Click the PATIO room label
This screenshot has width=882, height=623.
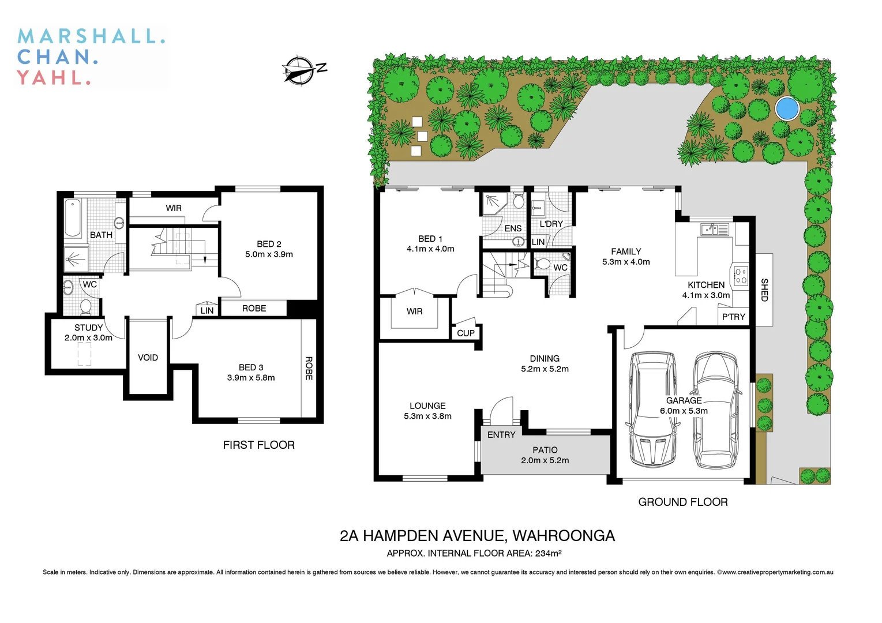545,450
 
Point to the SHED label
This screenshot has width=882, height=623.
764,290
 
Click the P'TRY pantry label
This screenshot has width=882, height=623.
733,317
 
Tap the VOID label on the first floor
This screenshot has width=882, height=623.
148,358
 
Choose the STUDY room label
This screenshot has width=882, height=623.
88,328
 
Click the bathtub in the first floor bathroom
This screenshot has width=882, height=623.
73,218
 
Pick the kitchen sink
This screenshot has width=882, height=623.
714,230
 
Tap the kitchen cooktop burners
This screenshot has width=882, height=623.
741,276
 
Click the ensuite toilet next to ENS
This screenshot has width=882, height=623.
517,201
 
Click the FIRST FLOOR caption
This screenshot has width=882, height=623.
258,445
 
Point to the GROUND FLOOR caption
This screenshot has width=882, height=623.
682,502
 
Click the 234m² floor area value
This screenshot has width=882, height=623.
547,553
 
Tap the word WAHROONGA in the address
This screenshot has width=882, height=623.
563,536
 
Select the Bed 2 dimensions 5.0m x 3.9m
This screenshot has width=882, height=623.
269,254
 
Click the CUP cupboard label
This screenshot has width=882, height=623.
466,333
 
